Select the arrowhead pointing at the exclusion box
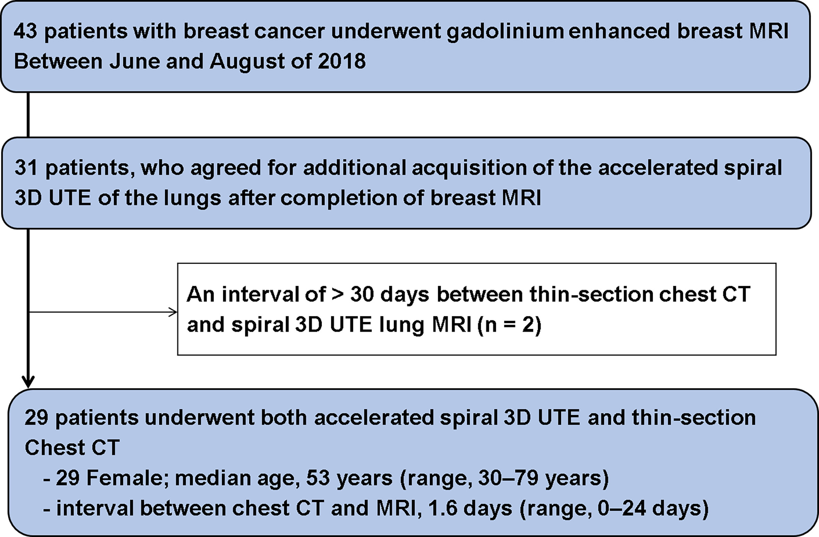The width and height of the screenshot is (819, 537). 173,312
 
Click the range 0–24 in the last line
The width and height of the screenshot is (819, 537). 618,509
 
